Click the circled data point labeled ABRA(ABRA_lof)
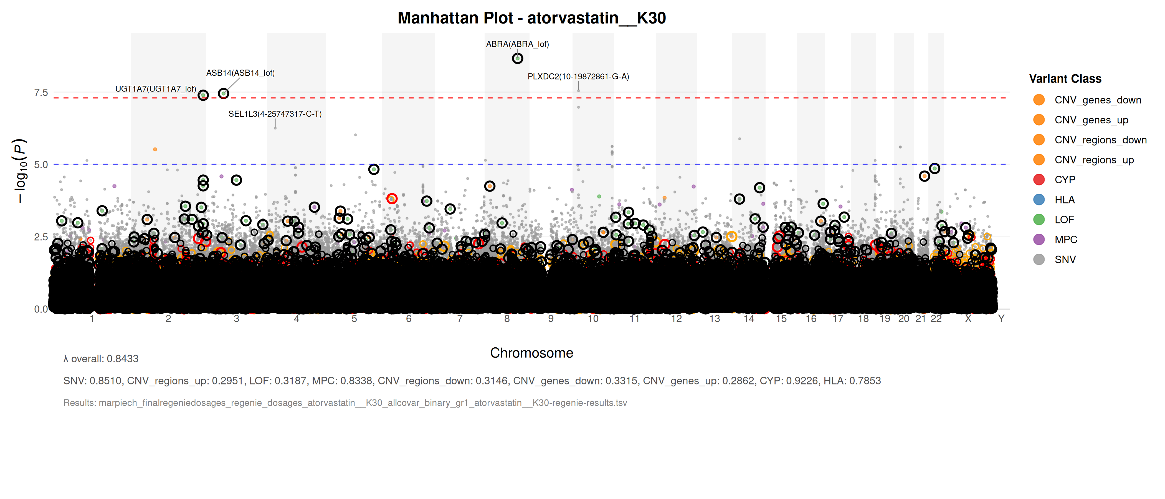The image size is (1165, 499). tap(517, 58)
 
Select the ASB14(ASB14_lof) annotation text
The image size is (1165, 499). tap(240, 73)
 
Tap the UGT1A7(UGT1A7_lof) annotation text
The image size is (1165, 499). tap(156, 89)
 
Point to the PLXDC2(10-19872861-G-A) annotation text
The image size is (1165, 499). tap(578, 77)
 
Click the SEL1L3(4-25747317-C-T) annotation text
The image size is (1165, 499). tap(275, 114)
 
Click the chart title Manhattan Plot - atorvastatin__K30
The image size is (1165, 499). tap(531, 18)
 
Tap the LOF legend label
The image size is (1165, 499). tap(1064, 220)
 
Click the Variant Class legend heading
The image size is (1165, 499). tap(1065, 79)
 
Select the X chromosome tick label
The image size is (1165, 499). tap(968, 319)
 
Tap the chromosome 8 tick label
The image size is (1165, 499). tap(507, 319)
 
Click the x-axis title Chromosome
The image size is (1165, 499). tap(531, 353)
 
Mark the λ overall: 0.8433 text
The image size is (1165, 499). tap(101, 359)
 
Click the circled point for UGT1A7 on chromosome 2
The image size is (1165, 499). tap(203, 95)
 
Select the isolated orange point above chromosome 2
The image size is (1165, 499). tap(155, 149)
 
